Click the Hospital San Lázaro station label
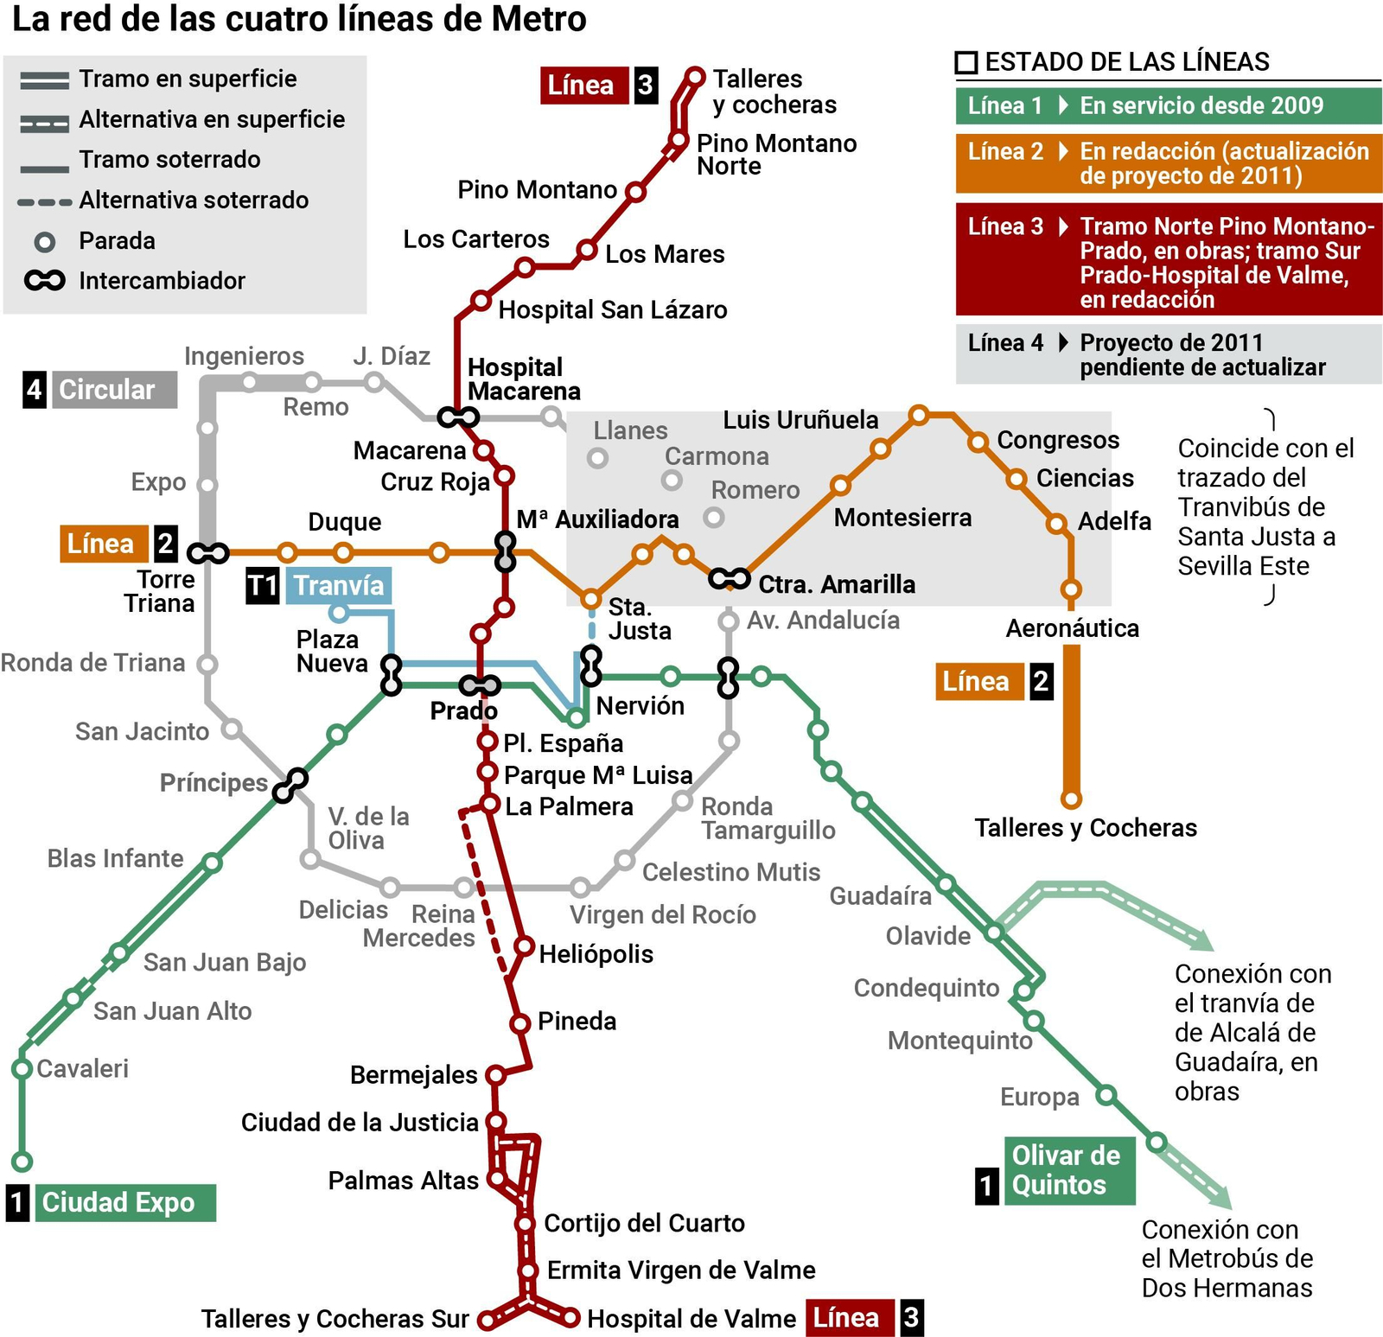click(612, 309)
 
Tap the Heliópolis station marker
click(524, 945)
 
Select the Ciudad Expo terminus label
click(118, 1202)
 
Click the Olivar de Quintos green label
click(1066, 1170)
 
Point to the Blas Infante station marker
click(213, 863)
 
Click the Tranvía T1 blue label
click(338, 585)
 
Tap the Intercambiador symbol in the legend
click(45, 281)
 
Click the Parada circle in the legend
click(45, 241)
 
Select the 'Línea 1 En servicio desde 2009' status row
click(1168, 105)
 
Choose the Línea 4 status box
click(1168, 354)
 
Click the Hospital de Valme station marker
click(570, 1318)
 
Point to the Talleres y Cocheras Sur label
click(335, 1319)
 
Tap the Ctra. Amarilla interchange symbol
click(729, 578)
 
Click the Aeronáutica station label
click(1072, 628)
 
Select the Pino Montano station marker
click(636, 191)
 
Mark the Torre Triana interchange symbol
click(208, 552)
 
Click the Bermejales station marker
click(495, 1075)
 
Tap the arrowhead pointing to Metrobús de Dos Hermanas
click(1220, 1199)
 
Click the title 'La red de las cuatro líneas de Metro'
click(299, 19)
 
